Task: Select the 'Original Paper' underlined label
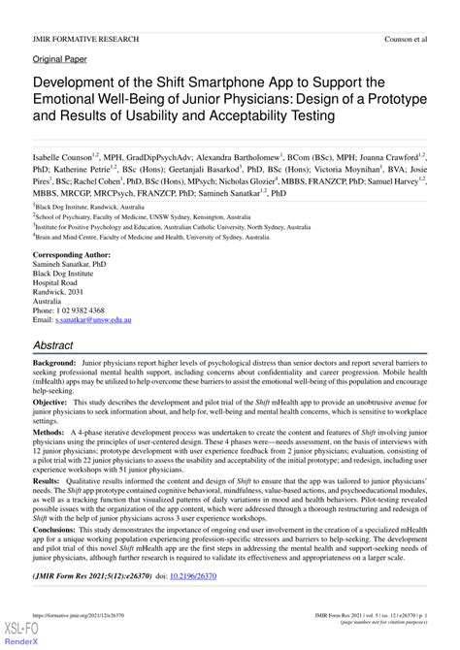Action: pyautogui.click(x=60, y=59)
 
